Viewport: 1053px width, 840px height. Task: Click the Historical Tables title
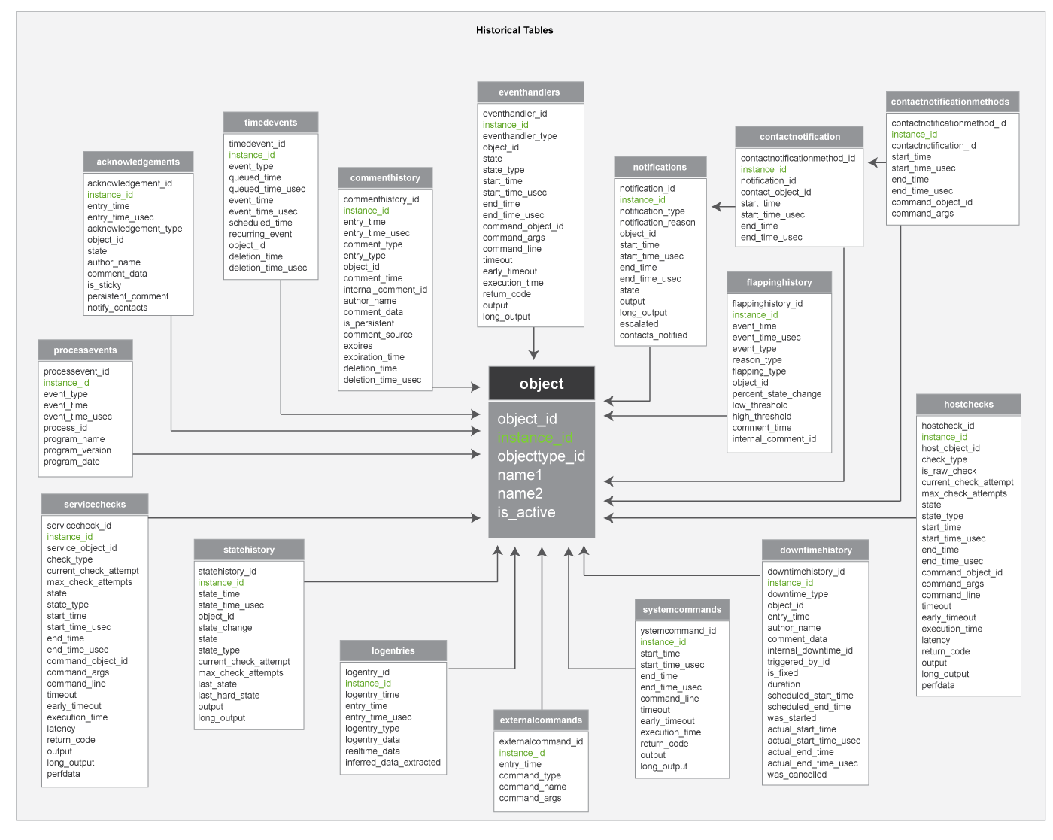tap(514, 30)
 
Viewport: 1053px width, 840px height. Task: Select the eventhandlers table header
tap(530, 92)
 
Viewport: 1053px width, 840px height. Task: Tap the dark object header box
tap(542, 384)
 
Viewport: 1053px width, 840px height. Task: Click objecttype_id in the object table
tap(541, 456)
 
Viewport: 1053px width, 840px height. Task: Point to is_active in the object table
tap(526, 512)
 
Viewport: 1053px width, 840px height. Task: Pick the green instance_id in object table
tap(535, 438)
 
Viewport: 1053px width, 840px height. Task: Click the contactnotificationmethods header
tap(950, 102)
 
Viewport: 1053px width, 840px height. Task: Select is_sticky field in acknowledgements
tap(104, 285)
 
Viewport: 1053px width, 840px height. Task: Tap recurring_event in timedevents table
tap(260, 234)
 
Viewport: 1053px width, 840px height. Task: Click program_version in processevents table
tap(77, 450)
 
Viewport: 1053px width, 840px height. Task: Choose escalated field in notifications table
tap(639, 324)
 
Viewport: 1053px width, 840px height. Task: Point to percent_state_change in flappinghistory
tap(776, 394)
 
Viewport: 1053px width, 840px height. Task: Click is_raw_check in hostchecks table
tap(948, 471)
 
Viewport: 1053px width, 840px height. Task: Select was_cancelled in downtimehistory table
tap(797, 775)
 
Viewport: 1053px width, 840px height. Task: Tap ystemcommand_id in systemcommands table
tap(678, 631)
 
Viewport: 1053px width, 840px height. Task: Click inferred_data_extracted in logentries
tap(393, 763)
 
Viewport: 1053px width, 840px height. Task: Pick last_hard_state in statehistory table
tap(229, 696)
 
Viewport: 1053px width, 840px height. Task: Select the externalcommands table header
tap(541, 720)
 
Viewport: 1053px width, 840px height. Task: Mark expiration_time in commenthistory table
tap(374, 357)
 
